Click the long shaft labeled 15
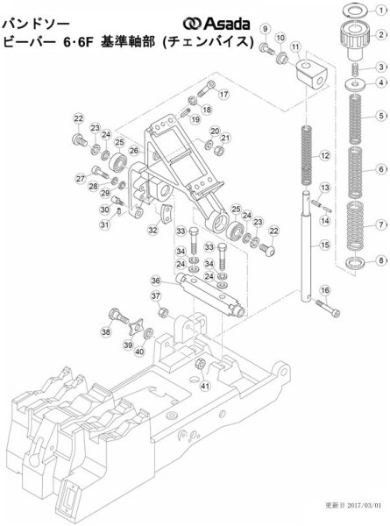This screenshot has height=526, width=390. click(310, 263)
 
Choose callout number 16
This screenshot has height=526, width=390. click(325, 291)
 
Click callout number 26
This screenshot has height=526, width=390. click(133, 151)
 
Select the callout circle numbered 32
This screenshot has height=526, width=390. click(152, 231)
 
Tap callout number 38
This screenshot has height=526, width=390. click(105, 333)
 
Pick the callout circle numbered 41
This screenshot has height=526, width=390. click(204, 385)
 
